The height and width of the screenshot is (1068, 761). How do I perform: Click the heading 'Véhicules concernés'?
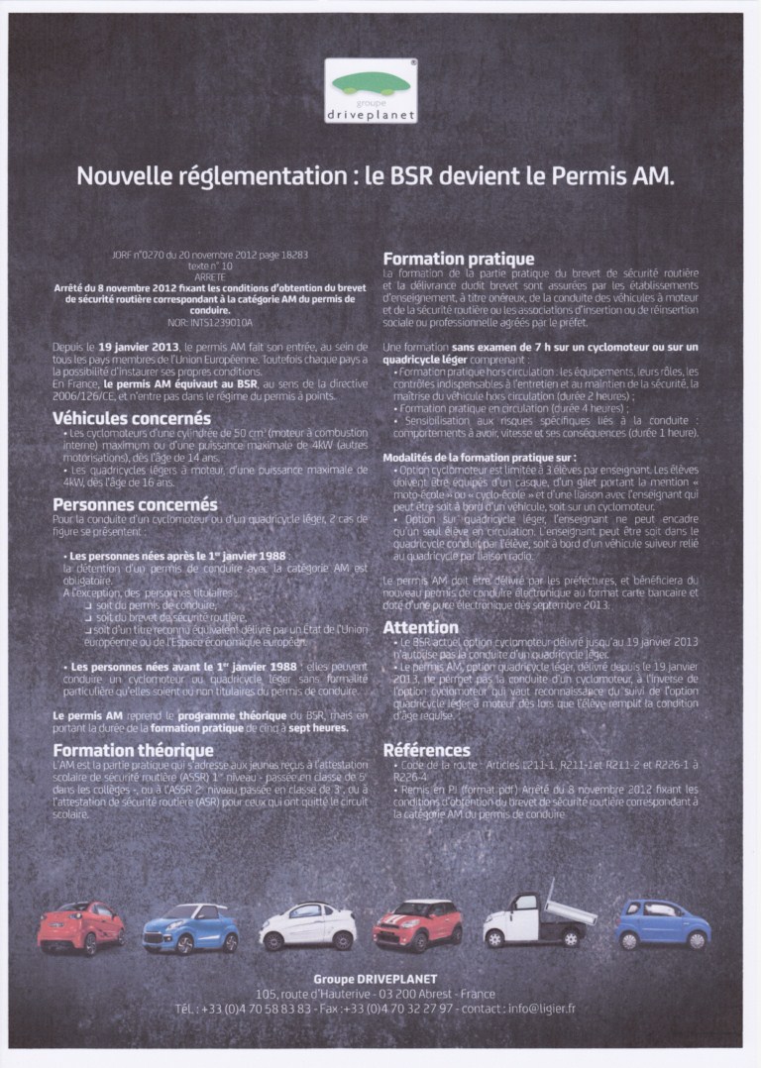point(131,418)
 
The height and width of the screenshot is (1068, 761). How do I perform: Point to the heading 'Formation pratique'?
point(458,259)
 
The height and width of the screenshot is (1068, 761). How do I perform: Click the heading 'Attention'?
point(420,627)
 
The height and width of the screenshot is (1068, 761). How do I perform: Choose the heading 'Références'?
point(426,750)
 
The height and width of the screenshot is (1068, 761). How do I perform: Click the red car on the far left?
point(81,926)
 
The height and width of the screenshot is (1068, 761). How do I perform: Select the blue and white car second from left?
point(190,927)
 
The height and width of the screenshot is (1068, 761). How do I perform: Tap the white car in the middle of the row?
point(307,925)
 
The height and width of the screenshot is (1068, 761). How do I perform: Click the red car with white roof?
point(417,924)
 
